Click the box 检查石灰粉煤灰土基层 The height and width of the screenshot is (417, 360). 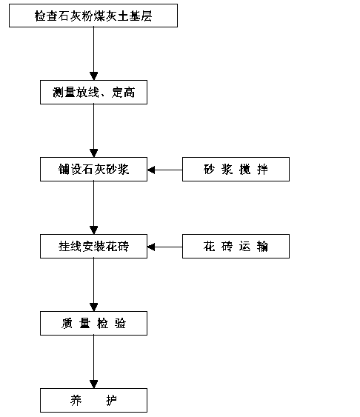93,16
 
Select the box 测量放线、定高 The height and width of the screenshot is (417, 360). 93,92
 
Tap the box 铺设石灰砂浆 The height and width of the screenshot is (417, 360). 93,169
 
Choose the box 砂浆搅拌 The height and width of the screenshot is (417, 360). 236,169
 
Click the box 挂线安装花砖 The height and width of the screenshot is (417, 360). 93,246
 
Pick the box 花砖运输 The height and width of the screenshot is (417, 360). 236,246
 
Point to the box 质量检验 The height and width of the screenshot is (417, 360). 93,323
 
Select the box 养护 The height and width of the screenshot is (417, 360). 93,400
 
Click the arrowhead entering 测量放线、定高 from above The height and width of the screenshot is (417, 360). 93,76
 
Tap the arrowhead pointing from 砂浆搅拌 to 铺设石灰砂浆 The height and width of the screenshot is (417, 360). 151,170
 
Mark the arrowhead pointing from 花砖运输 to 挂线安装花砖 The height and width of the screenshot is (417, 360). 151,247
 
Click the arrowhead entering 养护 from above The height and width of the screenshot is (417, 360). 93,384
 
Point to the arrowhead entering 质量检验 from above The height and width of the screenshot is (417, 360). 93,307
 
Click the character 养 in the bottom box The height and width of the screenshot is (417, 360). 76,400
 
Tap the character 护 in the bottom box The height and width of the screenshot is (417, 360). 112,400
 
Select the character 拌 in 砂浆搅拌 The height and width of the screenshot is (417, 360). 262,170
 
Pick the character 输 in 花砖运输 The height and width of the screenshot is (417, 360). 262,246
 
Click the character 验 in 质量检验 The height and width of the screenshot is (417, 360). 121,324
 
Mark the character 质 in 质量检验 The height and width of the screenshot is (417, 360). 67,324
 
